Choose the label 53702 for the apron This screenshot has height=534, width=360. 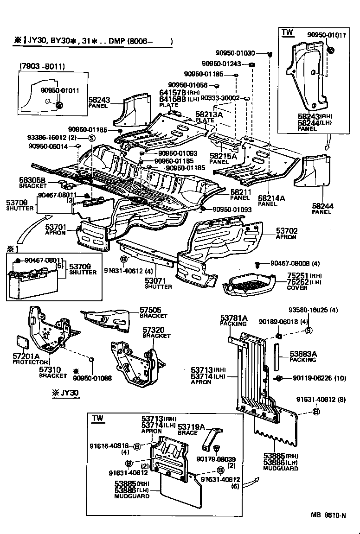click(x=287, y=230)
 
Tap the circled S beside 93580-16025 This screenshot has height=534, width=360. click(x=309, y=331)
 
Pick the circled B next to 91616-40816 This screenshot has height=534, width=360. click(x=137, y=446)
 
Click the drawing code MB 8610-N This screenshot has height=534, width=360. click(x=328, y=515)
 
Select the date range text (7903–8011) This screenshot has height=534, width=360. click(x=42, y=66)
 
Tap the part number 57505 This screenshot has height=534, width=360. click(x=150, y=310)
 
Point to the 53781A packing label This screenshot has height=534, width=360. click(x=234, y=318)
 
